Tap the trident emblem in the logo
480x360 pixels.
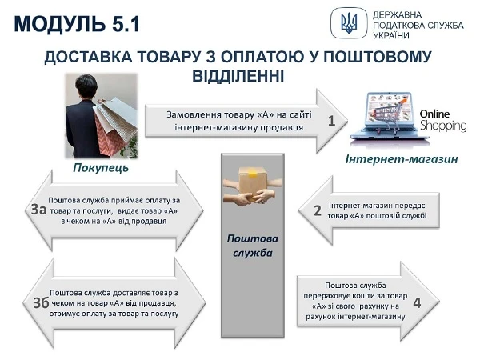coord(349,23)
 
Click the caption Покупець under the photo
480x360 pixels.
coord(101,169)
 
